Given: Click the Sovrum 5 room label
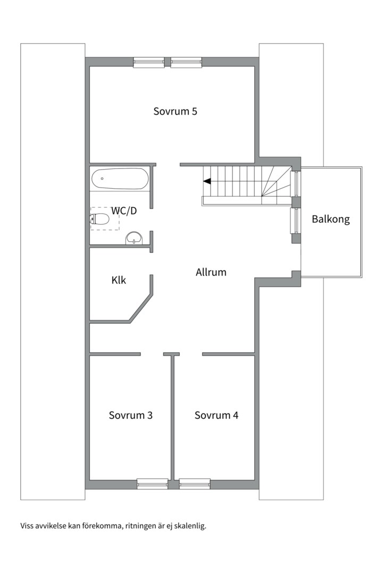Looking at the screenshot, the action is tap(175, 111).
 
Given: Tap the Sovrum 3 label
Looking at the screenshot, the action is tap(130, 415).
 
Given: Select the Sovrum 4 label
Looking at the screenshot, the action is tap(217, 415).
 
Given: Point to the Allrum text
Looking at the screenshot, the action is tap(211, 272).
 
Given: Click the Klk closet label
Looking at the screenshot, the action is tap(119, 280).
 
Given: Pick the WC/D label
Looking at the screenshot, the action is tap(124, 211).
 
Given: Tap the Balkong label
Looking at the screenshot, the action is tap(330, 219).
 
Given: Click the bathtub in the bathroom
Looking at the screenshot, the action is tap(120, 179).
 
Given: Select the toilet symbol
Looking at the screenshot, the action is tap(99, 219).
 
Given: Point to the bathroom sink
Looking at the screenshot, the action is tap(134, 238).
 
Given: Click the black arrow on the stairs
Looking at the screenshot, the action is tap(207, 181).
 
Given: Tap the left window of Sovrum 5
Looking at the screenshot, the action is tap(148, 62).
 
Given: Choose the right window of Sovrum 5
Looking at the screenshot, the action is tap(186, 62).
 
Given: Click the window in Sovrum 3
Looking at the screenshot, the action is tap(153, 484).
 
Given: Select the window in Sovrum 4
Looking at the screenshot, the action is tap(195, 484).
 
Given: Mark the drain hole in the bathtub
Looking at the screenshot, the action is tap(102, 179).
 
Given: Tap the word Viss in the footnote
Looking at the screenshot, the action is tap(26, 526).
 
